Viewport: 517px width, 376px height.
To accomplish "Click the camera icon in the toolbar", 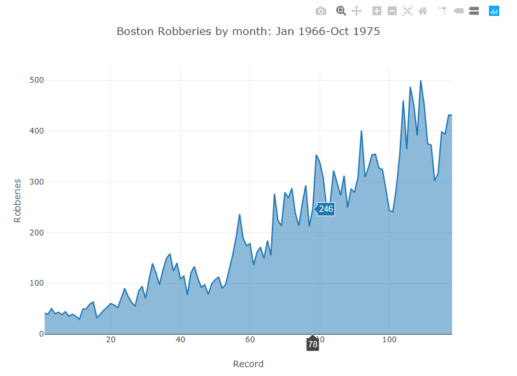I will [x=321, y=11].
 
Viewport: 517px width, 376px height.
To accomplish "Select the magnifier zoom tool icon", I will [x=341, y=11].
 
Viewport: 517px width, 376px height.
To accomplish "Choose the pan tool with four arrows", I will [x=357, y=11].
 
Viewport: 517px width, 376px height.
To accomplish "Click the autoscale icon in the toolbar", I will [x=407, y=11].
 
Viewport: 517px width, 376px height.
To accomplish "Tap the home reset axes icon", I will [x=422, y=11].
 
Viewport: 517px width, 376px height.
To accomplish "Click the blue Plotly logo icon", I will [x=493, y=11].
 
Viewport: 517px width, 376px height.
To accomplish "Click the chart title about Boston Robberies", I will [x=248, y=31].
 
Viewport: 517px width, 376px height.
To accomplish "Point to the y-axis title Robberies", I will [x=18, y=200].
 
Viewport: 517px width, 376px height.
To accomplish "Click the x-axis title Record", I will [x=248, y=364].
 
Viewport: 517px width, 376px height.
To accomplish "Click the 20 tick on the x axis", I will [x=111, y=340].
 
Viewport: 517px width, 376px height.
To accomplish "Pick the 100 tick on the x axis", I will [x=389, y=340].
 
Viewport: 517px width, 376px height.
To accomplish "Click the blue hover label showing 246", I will [x=326, y=209].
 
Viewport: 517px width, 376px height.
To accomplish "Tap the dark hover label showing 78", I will [x=313, y=344].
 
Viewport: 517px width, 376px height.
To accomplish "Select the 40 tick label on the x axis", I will [x=180, y=340].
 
